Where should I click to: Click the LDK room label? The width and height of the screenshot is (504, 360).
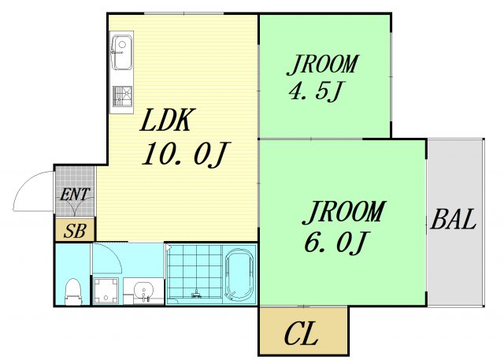167,121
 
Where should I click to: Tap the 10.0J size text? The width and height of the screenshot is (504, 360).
185,155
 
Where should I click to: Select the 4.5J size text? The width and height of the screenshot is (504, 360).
317,91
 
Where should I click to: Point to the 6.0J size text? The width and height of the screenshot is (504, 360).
335,243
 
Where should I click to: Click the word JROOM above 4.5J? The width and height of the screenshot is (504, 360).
322,65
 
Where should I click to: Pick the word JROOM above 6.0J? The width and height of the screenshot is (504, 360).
343,213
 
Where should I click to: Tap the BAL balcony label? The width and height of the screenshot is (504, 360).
454,219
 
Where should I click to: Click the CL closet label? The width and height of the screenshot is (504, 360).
301,334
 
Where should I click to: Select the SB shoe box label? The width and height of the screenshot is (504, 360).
75,231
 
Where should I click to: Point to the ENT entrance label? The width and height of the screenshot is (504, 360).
75,195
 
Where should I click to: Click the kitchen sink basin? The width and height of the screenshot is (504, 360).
121,53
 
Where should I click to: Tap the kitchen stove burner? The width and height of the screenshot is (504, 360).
122,96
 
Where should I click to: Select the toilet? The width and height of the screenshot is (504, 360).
73,291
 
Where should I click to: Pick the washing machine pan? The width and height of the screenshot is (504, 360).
106,291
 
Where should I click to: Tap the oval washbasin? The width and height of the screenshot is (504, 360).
143,291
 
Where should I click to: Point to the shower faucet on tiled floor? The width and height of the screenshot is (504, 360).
196,294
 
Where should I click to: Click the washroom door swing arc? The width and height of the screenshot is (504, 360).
113,254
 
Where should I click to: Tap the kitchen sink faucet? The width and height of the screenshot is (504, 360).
117,51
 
